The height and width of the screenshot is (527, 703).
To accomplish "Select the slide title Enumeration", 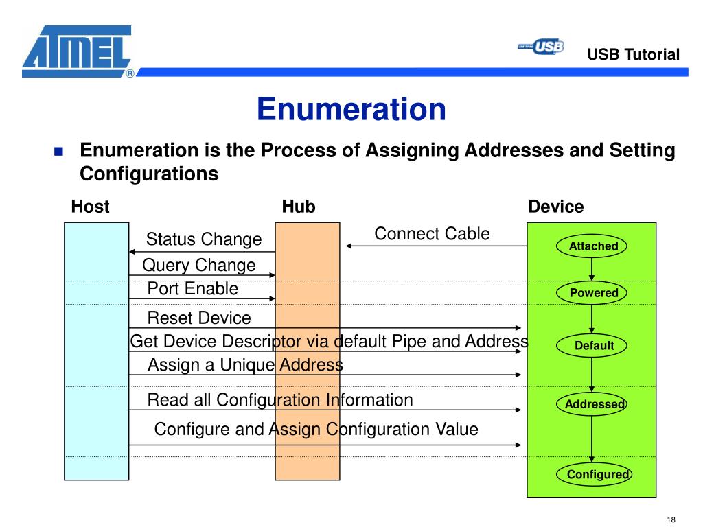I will (x=351, y=109).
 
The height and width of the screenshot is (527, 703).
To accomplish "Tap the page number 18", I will (x=671, y=518).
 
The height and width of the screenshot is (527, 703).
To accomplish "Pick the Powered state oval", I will (x=594, y=293).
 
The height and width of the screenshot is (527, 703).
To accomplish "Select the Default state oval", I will (x=594, y=345).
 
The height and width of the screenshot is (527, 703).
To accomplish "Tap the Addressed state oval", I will (x=594, y=404).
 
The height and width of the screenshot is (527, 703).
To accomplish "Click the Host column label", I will (x=90, y=207).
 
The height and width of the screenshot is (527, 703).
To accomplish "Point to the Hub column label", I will (x=299, y=207).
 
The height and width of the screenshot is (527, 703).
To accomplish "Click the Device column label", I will (x=556, y=207).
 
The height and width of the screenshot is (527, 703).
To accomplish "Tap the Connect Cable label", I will (x=432, y=234).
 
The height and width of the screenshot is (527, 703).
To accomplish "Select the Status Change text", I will (x=204, y=239).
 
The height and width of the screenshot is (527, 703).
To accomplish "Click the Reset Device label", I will (x=199, y=318).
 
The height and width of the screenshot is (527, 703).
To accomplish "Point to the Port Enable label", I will (x=193, y=289).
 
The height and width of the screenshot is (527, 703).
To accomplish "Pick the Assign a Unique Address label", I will (x=245, y=365).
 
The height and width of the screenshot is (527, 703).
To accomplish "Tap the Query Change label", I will (x=198, y=266).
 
